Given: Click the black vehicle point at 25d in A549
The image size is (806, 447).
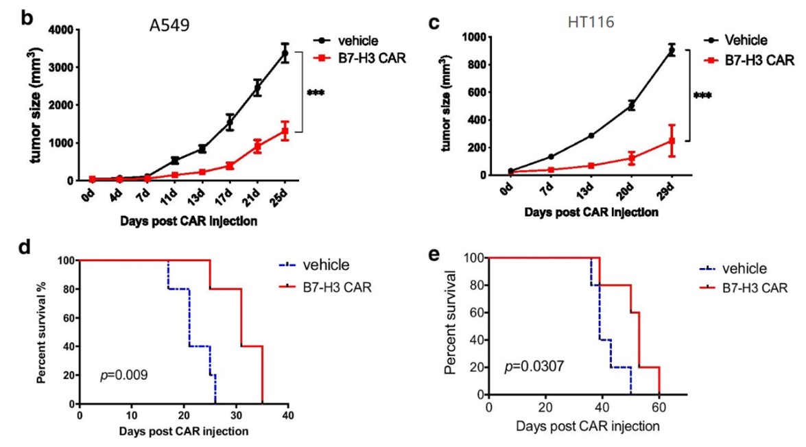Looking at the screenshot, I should (x=285, y=53).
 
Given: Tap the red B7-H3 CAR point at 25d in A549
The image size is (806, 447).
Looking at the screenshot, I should (x=285, y=131).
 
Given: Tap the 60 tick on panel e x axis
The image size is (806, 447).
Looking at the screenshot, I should (x=659, y=407).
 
